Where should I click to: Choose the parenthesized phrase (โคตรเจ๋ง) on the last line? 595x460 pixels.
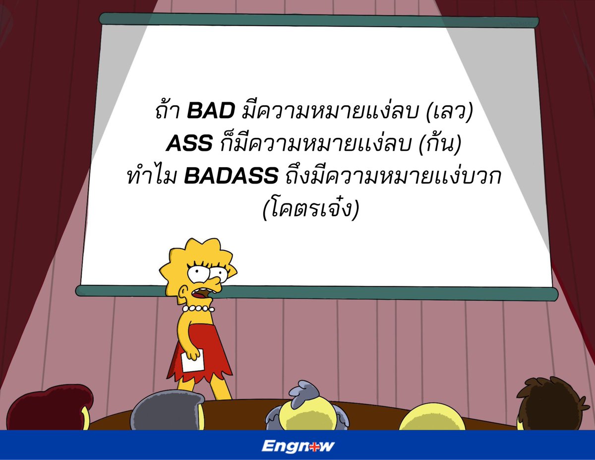pyautogui.click(x=310, y=210)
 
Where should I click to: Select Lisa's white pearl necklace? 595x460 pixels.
pyautogui.click(x=198, y=309)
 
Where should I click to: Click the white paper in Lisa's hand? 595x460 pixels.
pyautogui.click(x=192, y=360)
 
